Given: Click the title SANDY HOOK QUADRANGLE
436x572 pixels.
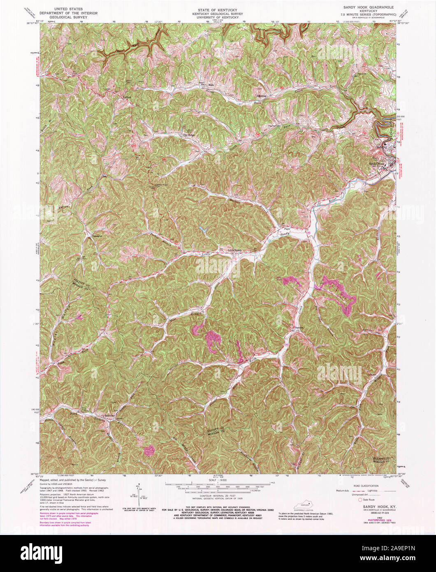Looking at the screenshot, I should point(369,7).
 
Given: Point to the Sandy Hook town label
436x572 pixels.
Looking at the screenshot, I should point(376,163).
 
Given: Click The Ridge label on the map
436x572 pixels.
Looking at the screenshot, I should point(188,135).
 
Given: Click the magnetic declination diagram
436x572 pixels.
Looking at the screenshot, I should point(140,498).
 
